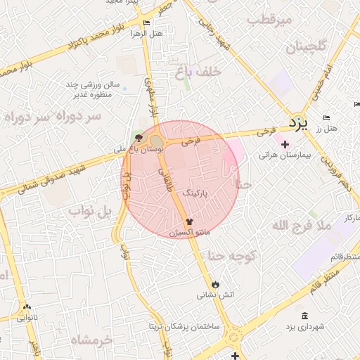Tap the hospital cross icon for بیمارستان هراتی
(x=285, y=145)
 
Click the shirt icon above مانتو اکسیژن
(x=188, y=221)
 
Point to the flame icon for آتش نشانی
(x=215, y=284)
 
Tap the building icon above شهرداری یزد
(x=304, y=316)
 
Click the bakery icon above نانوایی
(x=27, y=307)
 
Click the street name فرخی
(x=191, y=141)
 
